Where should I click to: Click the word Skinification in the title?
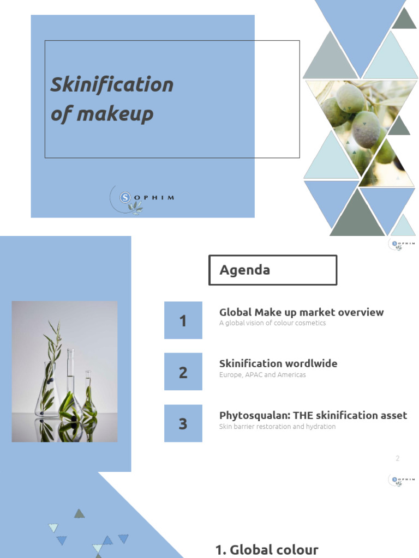(x=112, y=84)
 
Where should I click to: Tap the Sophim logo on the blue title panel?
(x=141, y=198)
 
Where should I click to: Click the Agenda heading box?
(x=273, y=270)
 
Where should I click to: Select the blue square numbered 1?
(x=183, y=320)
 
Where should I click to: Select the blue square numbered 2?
(x=183, y=372)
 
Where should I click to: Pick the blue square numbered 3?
(x=183, y=423)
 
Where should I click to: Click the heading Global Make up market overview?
(x=301, y=312)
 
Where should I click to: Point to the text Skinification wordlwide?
(x=278, y=363)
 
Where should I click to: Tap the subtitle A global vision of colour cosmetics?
(x=272, y=323)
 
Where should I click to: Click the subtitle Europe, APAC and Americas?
(x=262, y=375)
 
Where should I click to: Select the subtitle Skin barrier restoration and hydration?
(x=277, y=427)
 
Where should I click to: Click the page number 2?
(x=398, y=458)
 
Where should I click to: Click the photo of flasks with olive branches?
(x=64, y=371)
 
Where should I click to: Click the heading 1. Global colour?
(x=267, y=550)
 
